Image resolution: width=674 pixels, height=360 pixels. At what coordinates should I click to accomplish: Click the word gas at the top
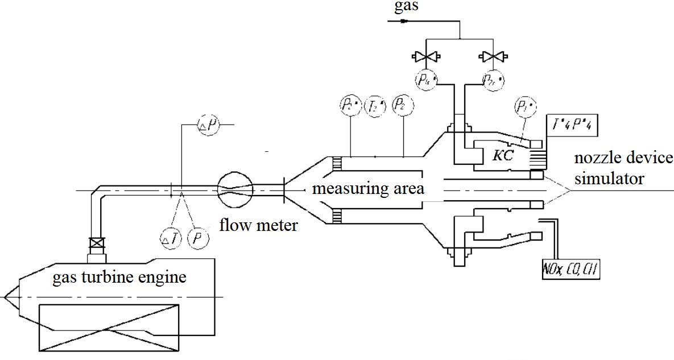[402, 8]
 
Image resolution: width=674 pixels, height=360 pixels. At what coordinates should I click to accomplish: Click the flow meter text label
[258, 226]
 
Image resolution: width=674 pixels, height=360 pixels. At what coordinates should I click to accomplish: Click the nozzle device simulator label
[623, 168]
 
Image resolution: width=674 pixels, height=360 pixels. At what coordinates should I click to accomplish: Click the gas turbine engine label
[119, 278]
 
